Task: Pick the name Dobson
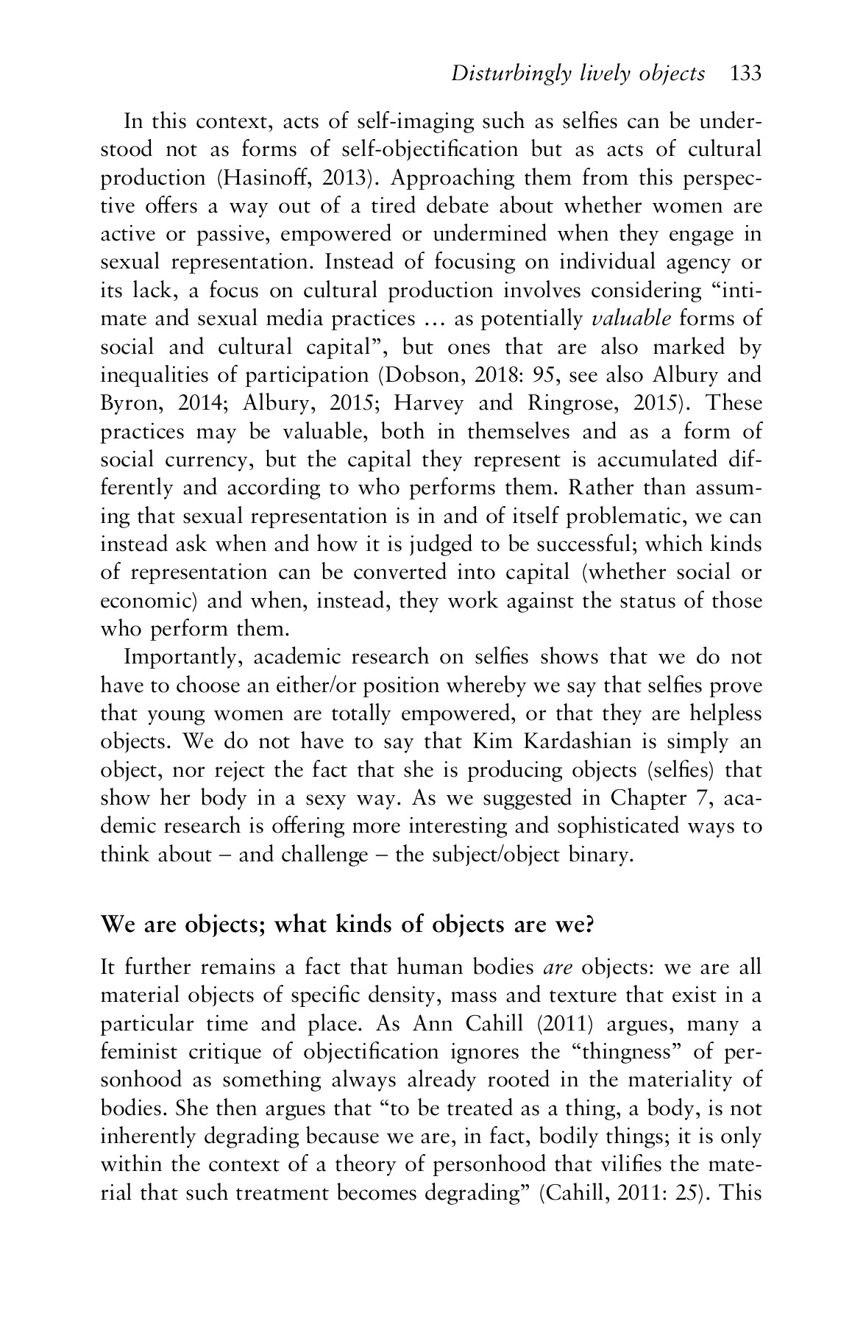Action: [419, 376]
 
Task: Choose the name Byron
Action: [125, 404]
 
